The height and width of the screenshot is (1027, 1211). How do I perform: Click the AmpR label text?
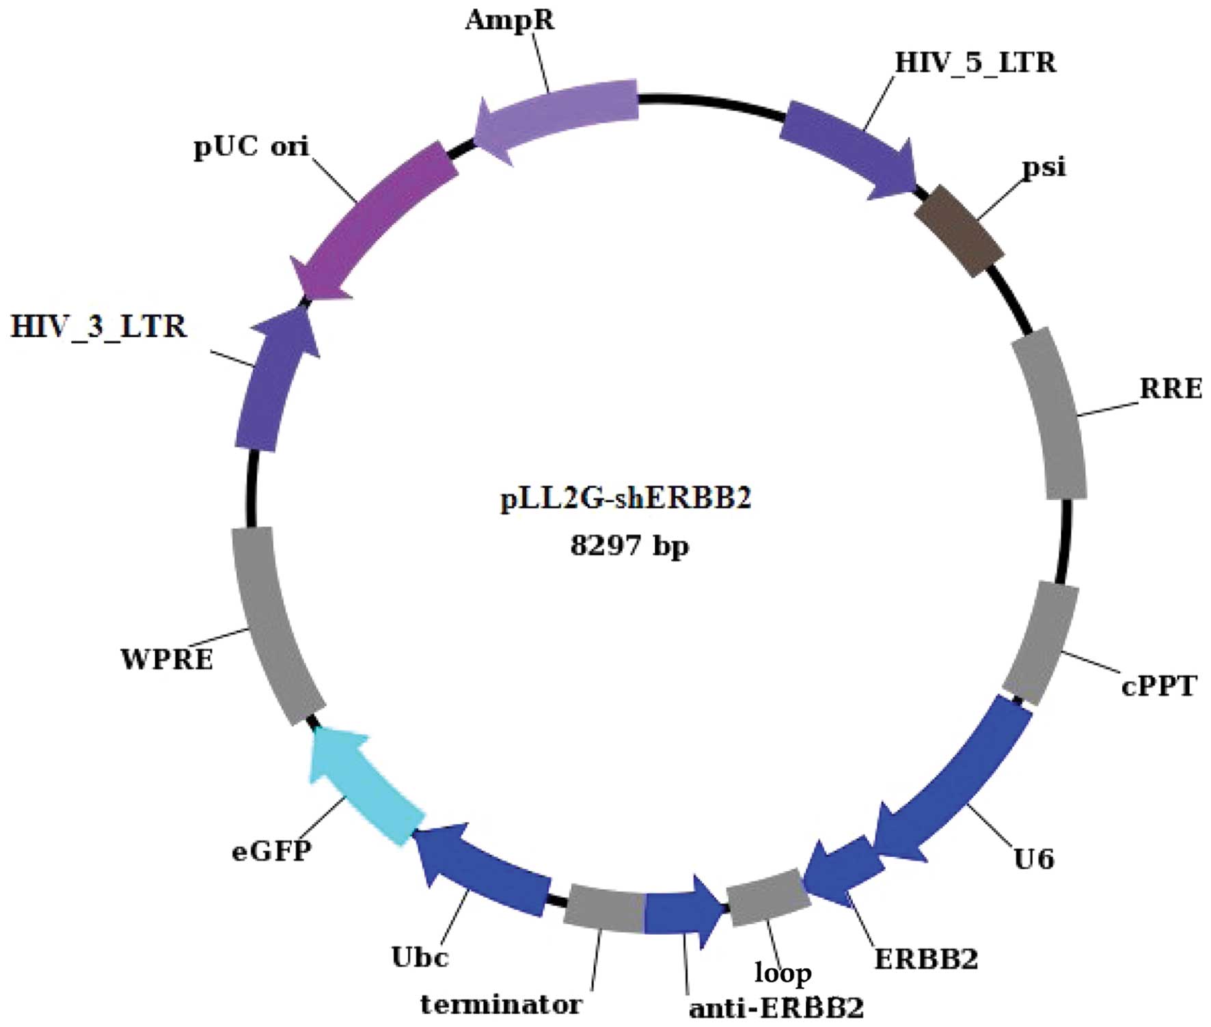click(510, 20)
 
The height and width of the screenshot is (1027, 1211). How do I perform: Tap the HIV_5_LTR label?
click(975, 63)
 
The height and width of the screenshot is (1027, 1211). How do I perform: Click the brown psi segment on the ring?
click(960, 230)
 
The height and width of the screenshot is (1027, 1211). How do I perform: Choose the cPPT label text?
click(1159, 685)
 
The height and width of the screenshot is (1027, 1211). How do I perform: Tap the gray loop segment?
click(768, 896)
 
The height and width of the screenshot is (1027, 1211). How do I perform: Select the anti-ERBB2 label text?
click(776, 1008)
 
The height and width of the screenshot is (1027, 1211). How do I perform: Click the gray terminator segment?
click(604, 907)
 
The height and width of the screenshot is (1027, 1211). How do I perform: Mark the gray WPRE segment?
click(273, 625)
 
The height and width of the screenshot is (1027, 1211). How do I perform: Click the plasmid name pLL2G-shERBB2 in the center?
click(626, 499)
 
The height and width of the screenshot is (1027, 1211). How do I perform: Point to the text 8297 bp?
click(629, 546)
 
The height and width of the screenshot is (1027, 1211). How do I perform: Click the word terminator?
click(501, 1004)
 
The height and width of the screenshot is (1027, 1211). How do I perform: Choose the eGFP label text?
click(272, 851)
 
